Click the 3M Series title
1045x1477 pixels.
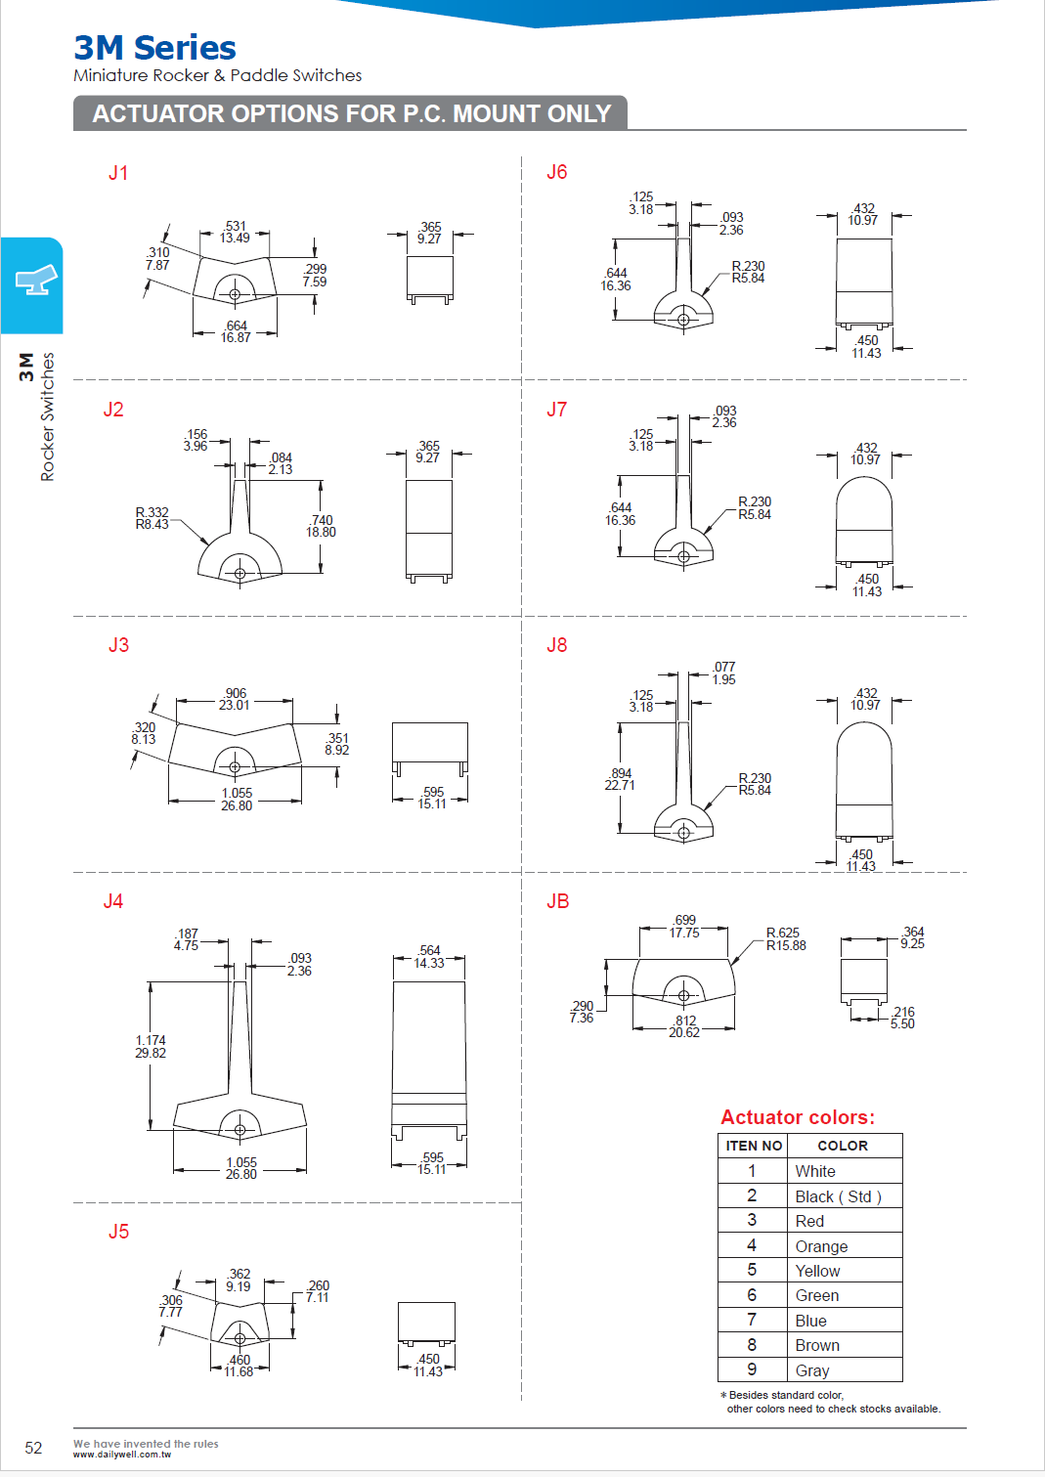(x=154, y=48)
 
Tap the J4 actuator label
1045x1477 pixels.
(x=113, y=901)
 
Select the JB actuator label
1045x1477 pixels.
(x=557, y=901)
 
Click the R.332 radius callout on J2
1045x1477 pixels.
(x=152, y=518)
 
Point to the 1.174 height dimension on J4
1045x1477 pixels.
(x=151, y=1047)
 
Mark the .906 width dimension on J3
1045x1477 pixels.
(x=235, y=699)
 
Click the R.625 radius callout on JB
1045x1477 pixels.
(x=785, y=939)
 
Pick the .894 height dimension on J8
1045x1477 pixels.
(x=620, y=779)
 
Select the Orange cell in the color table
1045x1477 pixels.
(x=821, y=1246)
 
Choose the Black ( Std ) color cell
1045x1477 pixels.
(x=838, y=1196)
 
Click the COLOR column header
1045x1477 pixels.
(x=842, y=1146)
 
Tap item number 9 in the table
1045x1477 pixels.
(x=752, y=1369)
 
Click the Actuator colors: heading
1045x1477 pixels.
(x=797, y=1117)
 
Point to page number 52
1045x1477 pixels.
(x=33, y=1448)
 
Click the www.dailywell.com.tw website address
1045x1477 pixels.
(x=121, y=1455)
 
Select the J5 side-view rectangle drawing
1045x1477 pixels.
(x=426, y=1324)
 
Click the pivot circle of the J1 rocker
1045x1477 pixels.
(x=235, y=294)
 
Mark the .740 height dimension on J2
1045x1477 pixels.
(x=322, y=526)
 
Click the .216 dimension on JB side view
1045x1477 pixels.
(x=903, y=1018)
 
